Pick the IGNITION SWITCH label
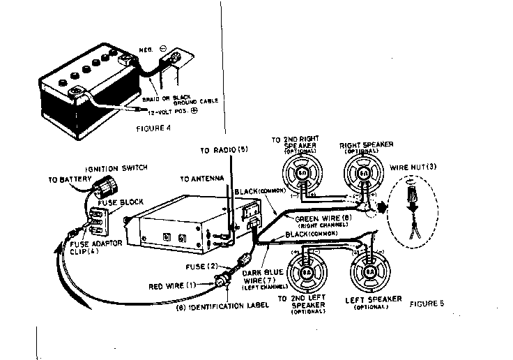point(114,170)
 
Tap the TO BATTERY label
point(64,179)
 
